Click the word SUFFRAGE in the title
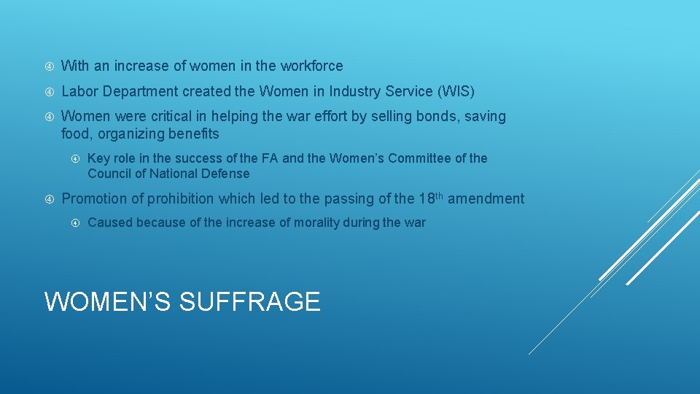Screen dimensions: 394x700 (x=249, y=301)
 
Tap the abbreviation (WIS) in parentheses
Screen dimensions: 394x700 (x=456, y=91)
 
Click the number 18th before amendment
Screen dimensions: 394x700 (x=431, y=198)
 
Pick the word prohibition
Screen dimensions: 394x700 (x=180, y=198)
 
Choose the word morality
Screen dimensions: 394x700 (x=317, y=223)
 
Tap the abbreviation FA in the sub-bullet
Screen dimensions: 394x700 (x=269, y=158)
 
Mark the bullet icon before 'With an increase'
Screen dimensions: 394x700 (x=49, y=66)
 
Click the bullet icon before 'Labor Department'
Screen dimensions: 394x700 (x=49, y=92)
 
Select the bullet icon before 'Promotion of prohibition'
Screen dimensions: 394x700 (x=49, y=199)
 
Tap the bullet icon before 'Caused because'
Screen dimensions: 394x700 (x=75, y=223)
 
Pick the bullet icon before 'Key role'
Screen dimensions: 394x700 (x=75, y=158)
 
